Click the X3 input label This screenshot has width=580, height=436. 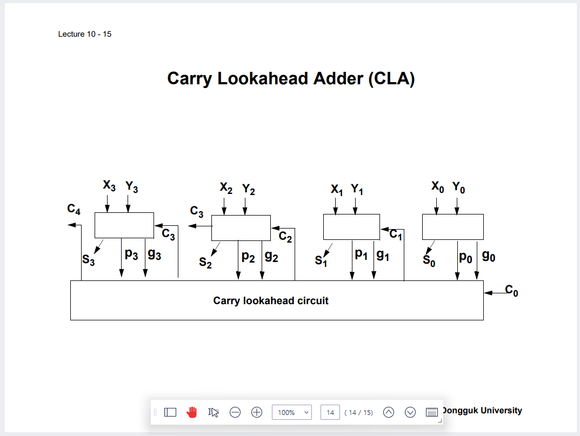(x=109, y=186)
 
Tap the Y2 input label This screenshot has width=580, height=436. (x=249, y=189)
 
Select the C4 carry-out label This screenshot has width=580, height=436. (x=74, y=210)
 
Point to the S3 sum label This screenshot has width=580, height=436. (x=89, y=259)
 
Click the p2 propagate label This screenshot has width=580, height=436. (x=248, y=257)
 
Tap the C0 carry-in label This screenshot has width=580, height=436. (x=511, y=290)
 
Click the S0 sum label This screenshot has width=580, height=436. (x=429, y=260)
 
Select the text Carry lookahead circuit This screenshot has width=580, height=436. (x=271, y=300)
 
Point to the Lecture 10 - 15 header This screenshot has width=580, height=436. (x=85, y=34)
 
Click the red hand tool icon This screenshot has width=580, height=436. (x=192, y=412)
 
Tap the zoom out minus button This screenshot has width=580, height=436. (x=235, y=412)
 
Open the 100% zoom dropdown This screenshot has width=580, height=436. (x=292, y=412)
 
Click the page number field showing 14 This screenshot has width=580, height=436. (x=330, y=412)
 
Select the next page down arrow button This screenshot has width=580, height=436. (x=410, y=412)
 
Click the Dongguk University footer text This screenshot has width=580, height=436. (x=482, y=410)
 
